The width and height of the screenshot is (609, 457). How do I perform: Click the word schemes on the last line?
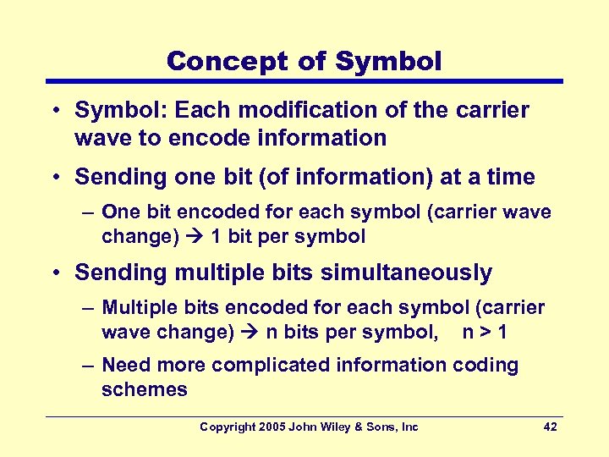tap(144, 389)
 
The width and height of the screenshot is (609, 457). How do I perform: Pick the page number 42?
tap(550, 427)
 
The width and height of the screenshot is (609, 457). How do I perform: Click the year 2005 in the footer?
tap(272, 427)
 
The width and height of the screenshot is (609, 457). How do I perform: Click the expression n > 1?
tap(485, 332)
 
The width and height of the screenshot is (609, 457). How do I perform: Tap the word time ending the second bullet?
tap(511, 177)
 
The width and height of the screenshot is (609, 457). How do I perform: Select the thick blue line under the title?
tap(304, 82)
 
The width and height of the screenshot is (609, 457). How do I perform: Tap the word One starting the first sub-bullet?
tap(120, 211)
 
